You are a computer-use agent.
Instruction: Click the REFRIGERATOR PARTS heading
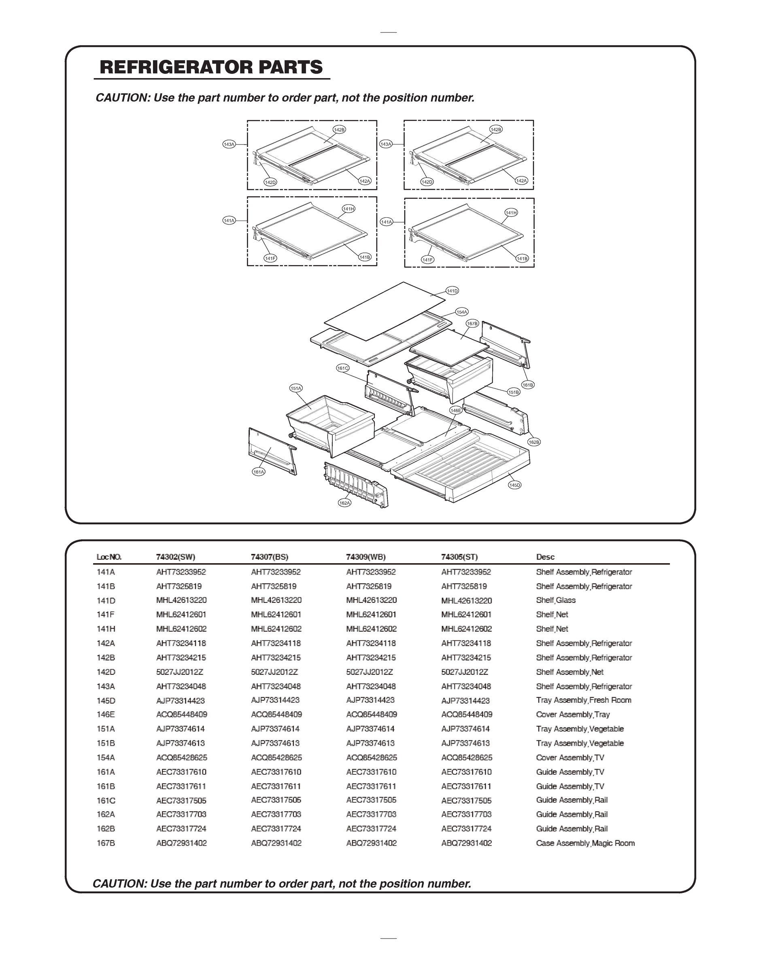[211, 67]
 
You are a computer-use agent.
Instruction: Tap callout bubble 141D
[452, 291]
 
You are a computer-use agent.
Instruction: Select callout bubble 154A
[461, 312]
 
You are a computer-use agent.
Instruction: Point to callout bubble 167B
[472, 324]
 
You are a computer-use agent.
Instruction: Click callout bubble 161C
[342, 368]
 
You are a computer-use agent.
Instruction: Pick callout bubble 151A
[296, 388]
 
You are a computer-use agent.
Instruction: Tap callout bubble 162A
[345, 502]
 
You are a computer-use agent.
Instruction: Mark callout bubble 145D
[514, 485]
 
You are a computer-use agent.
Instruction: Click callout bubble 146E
[455, 411]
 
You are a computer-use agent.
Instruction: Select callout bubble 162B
[534, 442]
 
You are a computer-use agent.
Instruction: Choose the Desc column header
[545, 557]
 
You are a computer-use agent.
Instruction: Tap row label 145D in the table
[106, 701]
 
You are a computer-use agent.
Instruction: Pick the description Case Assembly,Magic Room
[585, 843]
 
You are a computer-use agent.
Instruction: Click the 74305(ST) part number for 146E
[466, 714]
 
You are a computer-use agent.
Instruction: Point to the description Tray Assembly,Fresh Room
[583, 700]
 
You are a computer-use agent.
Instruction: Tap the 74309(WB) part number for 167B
[371, 843]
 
